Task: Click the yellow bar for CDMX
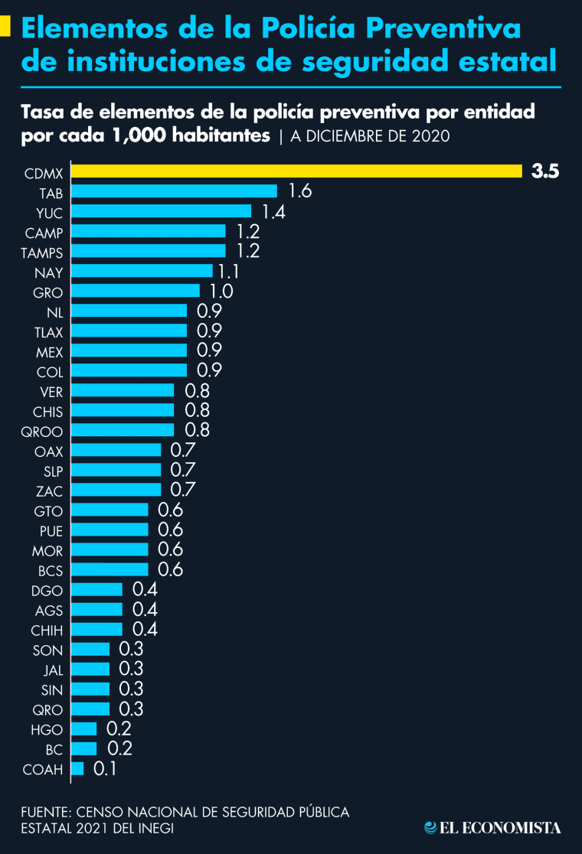296,171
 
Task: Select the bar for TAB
174,191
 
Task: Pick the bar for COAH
77,768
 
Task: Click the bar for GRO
136,291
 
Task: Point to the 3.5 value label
545,171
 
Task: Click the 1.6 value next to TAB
299,191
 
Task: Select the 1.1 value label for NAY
230,271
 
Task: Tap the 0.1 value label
104,768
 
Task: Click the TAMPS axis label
42,252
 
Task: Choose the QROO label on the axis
42,431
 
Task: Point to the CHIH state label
47,631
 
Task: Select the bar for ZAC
116,490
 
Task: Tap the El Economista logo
493,827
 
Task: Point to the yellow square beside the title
5,28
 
